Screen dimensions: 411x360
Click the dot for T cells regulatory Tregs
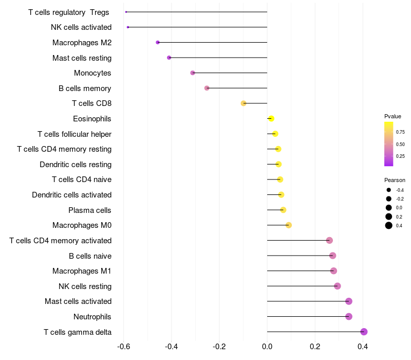[126, 12]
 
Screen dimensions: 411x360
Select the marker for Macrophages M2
[158, 42]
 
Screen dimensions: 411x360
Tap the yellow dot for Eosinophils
[271, 119]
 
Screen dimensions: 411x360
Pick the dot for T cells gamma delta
[364, 332]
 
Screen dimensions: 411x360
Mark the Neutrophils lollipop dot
[349, 316]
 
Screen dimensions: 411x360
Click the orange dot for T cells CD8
[244, 103]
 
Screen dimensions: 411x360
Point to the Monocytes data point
[193, 73]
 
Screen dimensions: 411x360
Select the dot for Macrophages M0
[289, 225]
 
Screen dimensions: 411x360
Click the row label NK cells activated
[81, 27]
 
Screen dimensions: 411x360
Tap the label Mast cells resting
[82, 58]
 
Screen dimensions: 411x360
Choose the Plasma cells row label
[89, 210]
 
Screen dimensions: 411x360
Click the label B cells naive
[90, 256]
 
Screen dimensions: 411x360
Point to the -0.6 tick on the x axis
[123, 347]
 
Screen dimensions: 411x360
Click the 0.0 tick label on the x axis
[267, 347]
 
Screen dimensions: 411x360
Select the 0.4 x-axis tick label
[363, 347]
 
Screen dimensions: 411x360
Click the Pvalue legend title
[393, 116]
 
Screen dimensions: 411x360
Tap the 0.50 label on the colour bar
[400, 145]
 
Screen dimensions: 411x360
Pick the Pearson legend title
[395, 180]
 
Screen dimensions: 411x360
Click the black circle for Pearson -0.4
[389, 190]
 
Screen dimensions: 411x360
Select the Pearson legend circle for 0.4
[389, 225]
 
